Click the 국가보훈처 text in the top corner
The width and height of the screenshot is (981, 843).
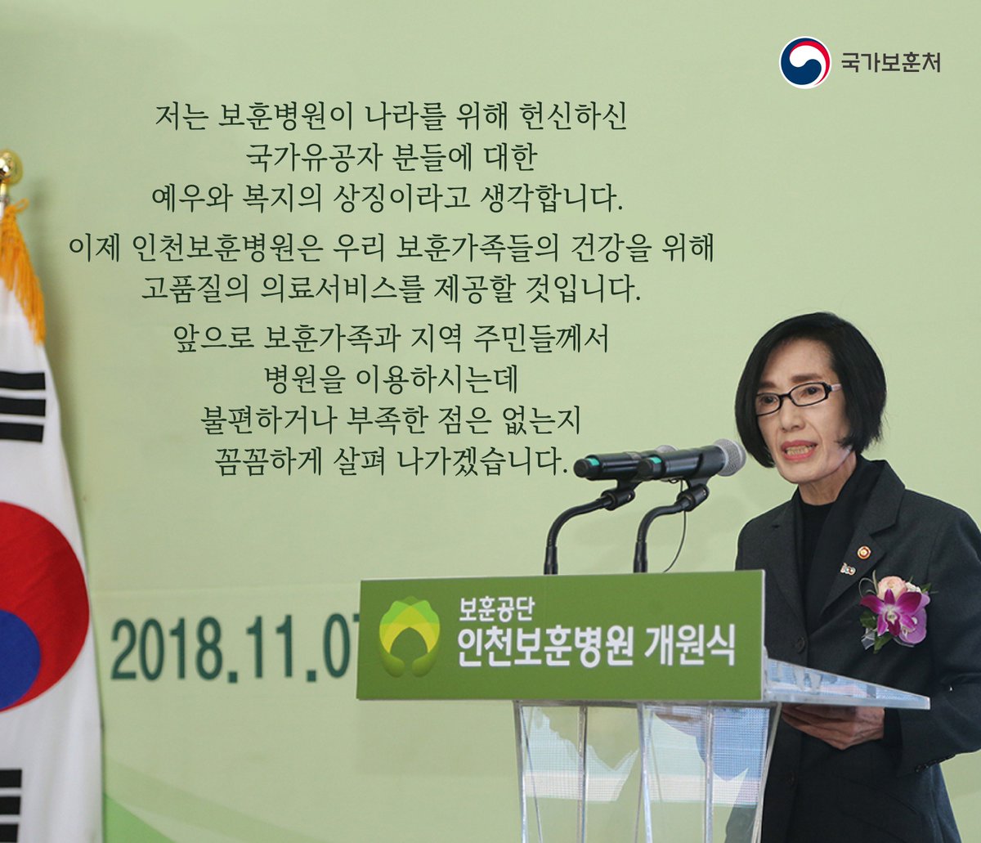tap(890, 62)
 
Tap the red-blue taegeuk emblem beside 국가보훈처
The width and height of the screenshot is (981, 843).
tap(804, 62)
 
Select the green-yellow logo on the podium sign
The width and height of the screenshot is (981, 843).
tap(410, 637)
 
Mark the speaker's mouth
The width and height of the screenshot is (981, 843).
tap(798, 450)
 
